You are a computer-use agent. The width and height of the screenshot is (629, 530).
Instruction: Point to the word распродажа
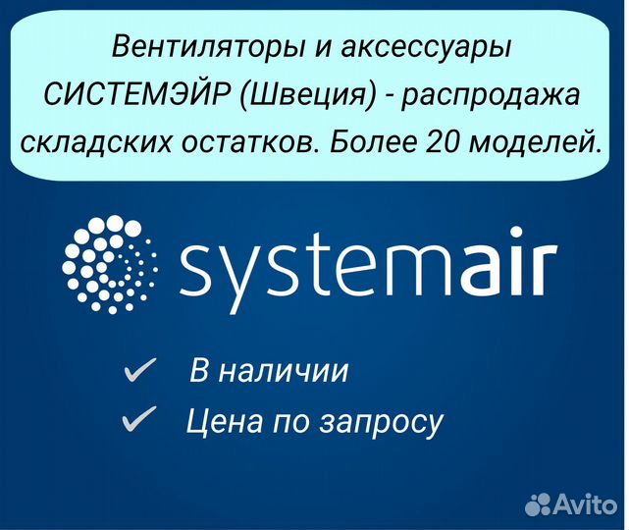tap(491, 97)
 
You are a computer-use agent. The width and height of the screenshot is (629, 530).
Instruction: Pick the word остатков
tap(248, 143)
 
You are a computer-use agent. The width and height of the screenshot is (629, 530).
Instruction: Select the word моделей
tap(534, 142)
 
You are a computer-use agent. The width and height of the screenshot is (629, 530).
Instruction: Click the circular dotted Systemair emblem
tap(110, 264)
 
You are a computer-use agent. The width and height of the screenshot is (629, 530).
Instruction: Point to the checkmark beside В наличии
tap(139, 369)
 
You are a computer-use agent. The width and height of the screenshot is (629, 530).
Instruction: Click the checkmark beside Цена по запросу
tap(138, 419)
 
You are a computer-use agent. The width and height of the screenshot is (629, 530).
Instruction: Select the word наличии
tap(283, 371)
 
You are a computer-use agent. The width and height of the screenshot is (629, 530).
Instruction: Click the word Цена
tap(225, 421)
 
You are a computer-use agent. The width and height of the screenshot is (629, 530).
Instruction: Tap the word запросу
tap(381, 424)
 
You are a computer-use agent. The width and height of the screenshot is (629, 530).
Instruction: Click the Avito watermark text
tap(585, 503)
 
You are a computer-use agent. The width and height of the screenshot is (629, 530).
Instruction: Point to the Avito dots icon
tap(538, 503)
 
